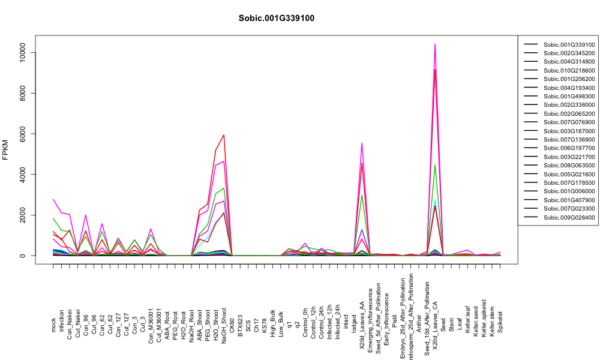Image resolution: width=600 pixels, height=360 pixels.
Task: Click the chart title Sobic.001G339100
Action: pos(276,18)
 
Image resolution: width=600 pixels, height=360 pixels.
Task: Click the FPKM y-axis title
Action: pos(5,150)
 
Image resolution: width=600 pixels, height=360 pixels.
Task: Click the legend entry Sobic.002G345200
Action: pos(569,53)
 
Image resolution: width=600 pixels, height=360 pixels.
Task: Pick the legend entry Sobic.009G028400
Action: pos(569,217)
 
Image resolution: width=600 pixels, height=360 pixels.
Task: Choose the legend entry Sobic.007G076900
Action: pos(569,122)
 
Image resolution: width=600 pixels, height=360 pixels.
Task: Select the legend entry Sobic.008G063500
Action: pos(569,165)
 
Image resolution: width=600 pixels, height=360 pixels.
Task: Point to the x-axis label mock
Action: pos(53,325)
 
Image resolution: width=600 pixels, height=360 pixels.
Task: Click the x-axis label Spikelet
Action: pos(500,322)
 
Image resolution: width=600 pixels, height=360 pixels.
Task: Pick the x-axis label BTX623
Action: pos(241,326)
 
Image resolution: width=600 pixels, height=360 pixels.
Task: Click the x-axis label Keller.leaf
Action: pos(467,319)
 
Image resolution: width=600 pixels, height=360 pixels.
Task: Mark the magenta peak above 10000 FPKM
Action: pos(435,44)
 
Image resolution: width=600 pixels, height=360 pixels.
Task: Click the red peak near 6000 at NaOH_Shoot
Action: pos(224,134)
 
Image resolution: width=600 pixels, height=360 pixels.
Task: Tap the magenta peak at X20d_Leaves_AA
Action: pos(362,143)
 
